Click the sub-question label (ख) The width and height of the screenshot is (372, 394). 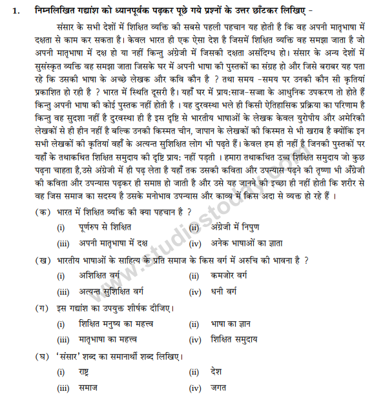45,259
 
